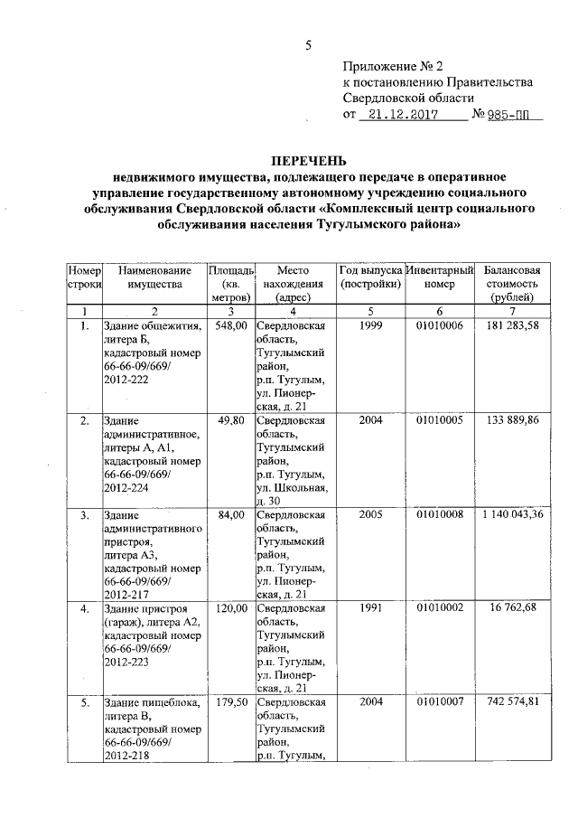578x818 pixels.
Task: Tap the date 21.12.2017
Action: [404, 116]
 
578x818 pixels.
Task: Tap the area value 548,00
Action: [230, 325]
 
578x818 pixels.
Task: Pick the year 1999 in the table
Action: [371, 325]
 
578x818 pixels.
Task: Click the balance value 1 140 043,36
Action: [512, 515]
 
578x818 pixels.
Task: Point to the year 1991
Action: [371, 609]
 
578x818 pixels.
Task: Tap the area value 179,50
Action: [230, 702]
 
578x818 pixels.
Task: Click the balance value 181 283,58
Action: [512, 325]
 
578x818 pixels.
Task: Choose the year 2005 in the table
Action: [371, 515]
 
